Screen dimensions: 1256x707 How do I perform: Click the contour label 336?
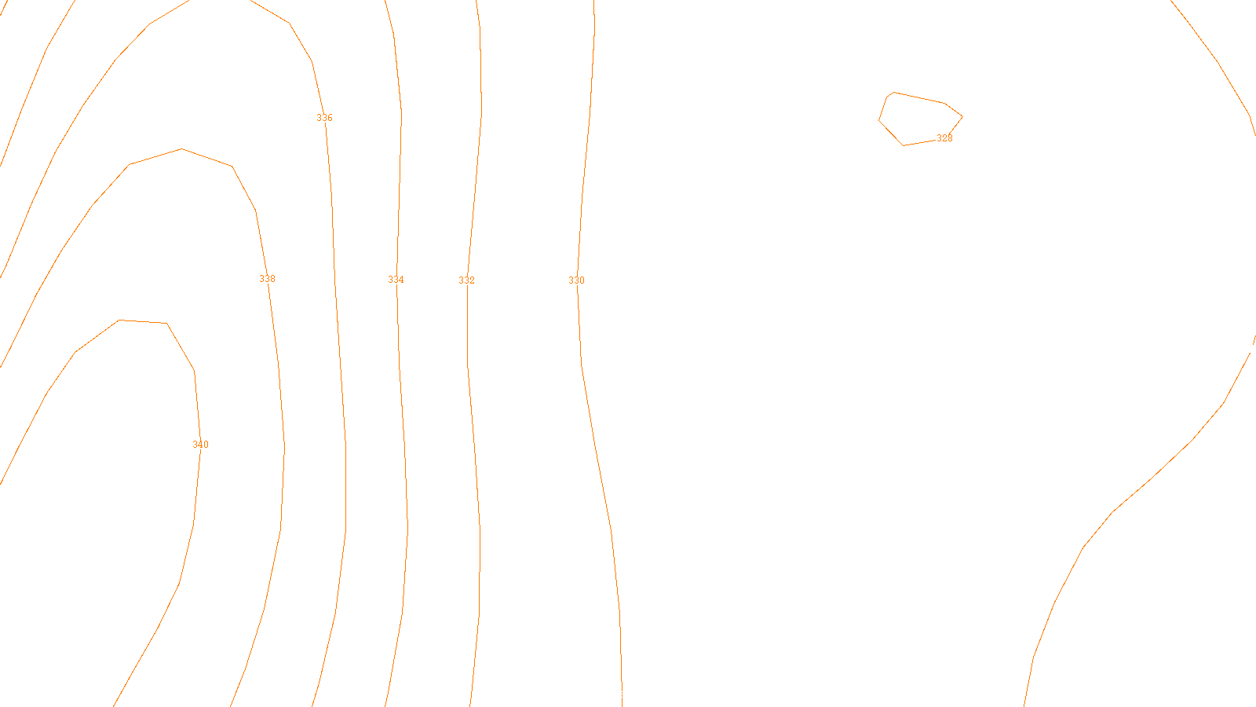[x=324, y=118]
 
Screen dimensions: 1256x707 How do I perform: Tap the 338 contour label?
[x=267, y=279]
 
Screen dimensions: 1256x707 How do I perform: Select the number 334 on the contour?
[x=396, y=280]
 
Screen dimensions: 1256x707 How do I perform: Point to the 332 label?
[x=466, y=280]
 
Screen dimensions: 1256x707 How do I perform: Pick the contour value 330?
[x=576, y=280]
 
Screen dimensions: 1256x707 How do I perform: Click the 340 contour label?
[x=200, y=445]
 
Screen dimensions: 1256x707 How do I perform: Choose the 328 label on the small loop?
[x=944, y=138]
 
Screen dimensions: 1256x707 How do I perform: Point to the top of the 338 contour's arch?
[x=182, y=149]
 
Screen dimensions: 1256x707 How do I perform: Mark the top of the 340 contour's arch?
[x=141, y=321]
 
